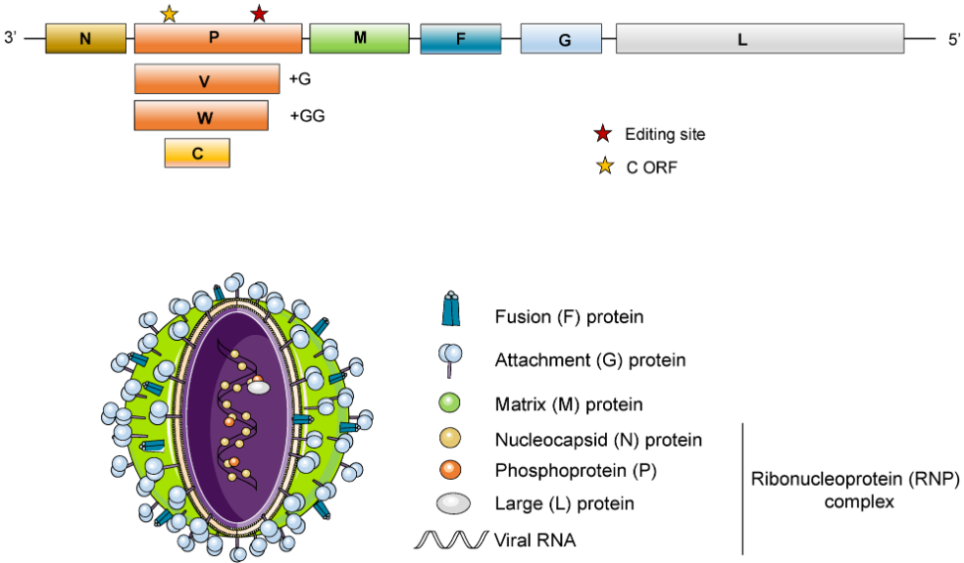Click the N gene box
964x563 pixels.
coord(85,39)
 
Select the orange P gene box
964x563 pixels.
coord(217,39)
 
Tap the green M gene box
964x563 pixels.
coord(360,38)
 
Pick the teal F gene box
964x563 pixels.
coord(460,39)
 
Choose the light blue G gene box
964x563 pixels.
coord(560,39)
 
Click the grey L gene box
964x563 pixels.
coord(760,39)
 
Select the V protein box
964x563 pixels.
coord(206,78)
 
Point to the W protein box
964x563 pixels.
coord(201,115)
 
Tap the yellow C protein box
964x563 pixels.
coord(197,153)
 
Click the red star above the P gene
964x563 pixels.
coord(259,13)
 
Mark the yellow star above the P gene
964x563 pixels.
coord(169,13)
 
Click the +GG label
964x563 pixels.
coord(307,115)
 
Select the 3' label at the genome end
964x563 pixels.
coord(12,39)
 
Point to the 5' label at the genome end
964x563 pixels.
coord(953,39)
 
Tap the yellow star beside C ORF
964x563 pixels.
coord(602,166)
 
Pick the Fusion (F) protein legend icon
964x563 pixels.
coord(451,310)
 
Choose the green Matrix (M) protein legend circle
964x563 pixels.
coord(451,403)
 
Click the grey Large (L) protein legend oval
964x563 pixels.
coord(452,504)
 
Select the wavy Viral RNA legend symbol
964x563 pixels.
coord(449,540)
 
